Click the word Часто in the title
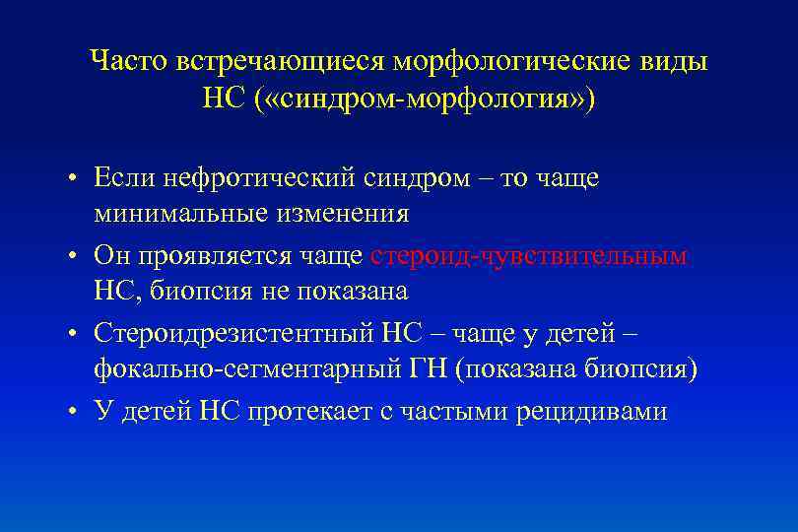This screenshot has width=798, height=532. [129, 61]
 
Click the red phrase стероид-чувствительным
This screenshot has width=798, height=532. [529, 256]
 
